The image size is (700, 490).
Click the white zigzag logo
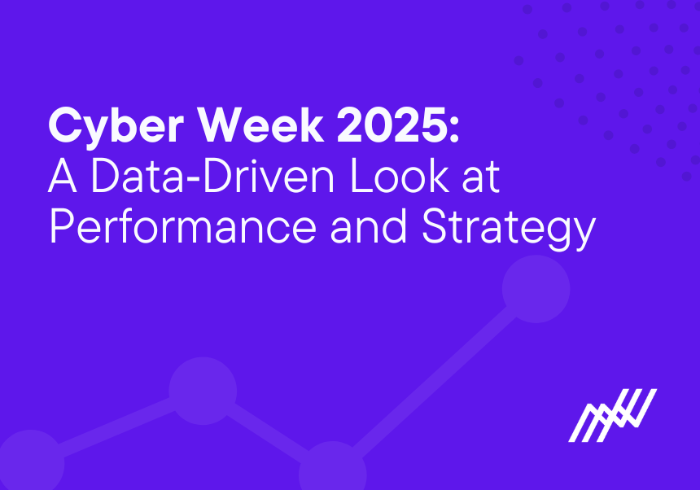612,415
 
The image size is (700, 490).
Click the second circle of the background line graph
203,392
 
